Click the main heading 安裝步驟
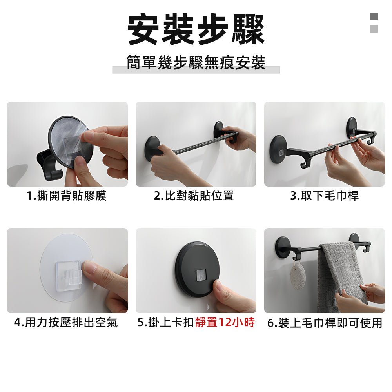coord(196,30)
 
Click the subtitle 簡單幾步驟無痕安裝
coord(196,63)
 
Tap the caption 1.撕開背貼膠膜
coord(67,195)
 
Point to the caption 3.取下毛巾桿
coord(324,195)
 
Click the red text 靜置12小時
coord(225,323)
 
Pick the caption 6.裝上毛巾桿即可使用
coord(325,323)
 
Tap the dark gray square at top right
coord(374,16)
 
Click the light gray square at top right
coord(374,29)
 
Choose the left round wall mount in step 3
coord(279,148)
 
